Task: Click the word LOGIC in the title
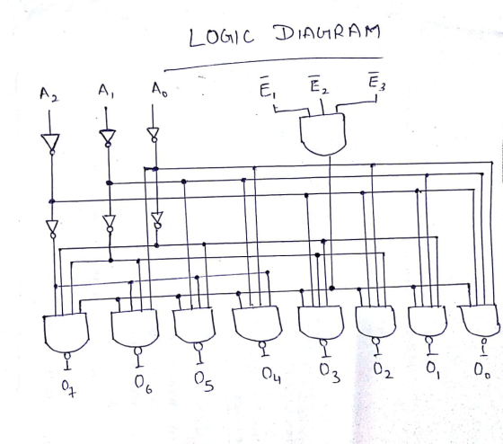(221, 37)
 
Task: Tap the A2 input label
(49, 94)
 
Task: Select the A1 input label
(107, 91)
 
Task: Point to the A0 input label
(160, 90)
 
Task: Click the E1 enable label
(268, 87)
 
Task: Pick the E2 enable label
(319, 84)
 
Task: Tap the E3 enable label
(376, 81)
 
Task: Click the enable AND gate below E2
(323, 134)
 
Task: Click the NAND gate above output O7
(66, 333)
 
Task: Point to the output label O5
(204, 382)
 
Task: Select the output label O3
(330, 373)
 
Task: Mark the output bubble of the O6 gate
(138, 351)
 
